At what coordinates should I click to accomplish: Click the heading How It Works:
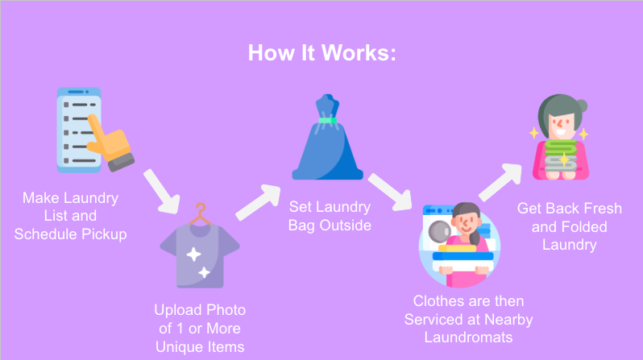[322, 53]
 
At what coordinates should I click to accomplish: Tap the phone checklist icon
[78, 130]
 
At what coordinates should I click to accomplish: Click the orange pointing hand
[110, 143]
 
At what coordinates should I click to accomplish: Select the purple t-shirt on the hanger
[200, 255]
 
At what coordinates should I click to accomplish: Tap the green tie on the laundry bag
[327, 120]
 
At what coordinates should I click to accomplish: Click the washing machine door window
[439, 231]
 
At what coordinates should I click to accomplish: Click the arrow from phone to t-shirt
[162, 192]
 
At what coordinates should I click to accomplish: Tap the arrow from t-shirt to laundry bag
[258, 202]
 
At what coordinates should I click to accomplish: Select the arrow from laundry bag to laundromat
[390, 192]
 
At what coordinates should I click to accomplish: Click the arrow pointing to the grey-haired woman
[500, 183]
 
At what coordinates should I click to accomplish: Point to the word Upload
[177, 310]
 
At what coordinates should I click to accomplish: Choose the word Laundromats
[468, 337]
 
